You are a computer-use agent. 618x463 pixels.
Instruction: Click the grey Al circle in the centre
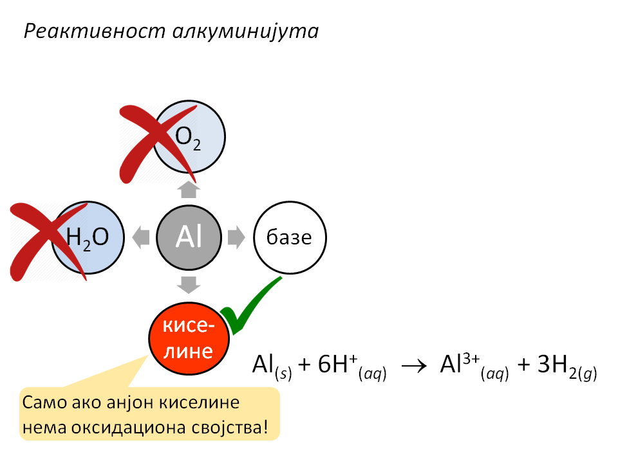pos(189,237)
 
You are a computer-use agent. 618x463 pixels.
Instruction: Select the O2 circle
pos(189,136)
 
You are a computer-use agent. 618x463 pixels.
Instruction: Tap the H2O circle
pos(88,237)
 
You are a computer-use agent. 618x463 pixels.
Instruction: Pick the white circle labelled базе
pos(290,237)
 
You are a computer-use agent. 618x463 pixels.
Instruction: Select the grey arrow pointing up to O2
pos(189,189)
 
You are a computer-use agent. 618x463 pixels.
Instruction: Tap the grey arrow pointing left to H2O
pos(141,237)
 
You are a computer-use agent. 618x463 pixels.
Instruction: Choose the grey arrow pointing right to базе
pos(236,237)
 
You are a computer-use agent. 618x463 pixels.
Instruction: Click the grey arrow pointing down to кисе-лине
pos(189,285)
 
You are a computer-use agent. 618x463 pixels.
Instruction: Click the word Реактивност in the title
pos(95,31)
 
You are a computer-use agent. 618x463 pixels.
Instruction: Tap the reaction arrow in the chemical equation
pos(414,367)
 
